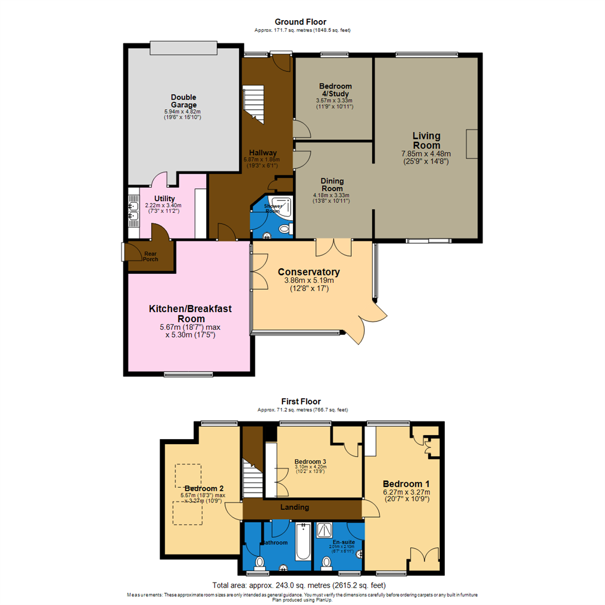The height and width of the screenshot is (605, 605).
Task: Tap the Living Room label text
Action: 426,140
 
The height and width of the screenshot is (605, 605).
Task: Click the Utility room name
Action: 164,199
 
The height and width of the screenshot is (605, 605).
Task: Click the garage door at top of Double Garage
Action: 183,48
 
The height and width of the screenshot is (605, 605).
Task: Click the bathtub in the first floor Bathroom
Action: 303,542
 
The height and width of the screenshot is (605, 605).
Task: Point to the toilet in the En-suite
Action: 326,561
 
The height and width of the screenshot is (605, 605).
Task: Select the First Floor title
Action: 301,402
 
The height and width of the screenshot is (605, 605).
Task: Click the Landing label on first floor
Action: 295,508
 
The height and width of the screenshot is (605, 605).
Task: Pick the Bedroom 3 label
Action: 310,462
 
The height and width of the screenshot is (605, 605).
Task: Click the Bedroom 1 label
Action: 406,483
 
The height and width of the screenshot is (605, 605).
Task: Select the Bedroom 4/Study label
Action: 334,90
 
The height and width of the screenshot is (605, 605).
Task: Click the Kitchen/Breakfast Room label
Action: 190,313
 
